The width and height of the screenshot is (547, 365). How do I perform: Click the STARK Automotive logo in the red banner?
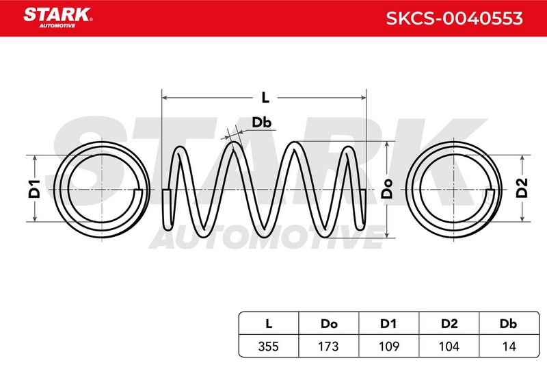(x=58, y=18)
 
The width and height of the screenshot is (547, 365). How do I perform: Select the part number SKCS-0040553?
(x=454, y=18)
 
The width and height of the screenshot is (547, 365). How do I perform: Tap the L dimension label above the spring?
(x=265, y=97)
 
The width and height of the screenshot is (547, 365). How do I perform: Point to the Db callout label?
(x=262, y=123)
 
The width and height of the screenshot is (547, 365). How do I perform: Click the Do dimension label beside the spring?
(x=387, y=189)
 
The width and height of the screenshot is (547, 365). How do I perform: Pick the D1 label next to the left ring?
(x=35, y=189)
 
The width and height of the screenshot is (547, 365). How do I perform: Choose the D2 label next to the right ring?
(x=522, y=188)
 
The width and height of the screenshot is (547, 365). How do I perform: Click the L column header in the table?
(x=269, y=324)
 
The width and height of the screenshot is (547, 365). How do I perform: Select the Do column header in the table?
(x=329, y=324)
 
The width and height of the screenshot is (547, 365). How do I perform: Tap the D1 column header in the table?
(x=388, y=324)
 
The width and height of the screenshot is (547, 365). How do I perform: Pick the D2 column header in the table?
(x=449, y=324)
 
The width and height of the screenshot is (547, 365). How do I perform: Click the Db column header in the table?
(x=509, y=324)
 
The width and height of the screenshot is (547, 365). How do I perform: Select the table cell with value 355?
(x=269, y=346)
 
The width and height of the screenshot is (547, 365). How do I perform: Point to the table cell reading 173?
(x=329, y=346)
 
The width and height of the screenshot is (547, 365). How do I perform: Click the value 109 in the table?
(x=388, y=346)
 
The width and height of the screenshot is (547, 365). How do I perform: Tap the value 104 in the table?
(x=449, y=346)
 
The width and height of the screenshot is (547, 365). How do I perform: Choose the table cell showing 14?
(x=509, y=346)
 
